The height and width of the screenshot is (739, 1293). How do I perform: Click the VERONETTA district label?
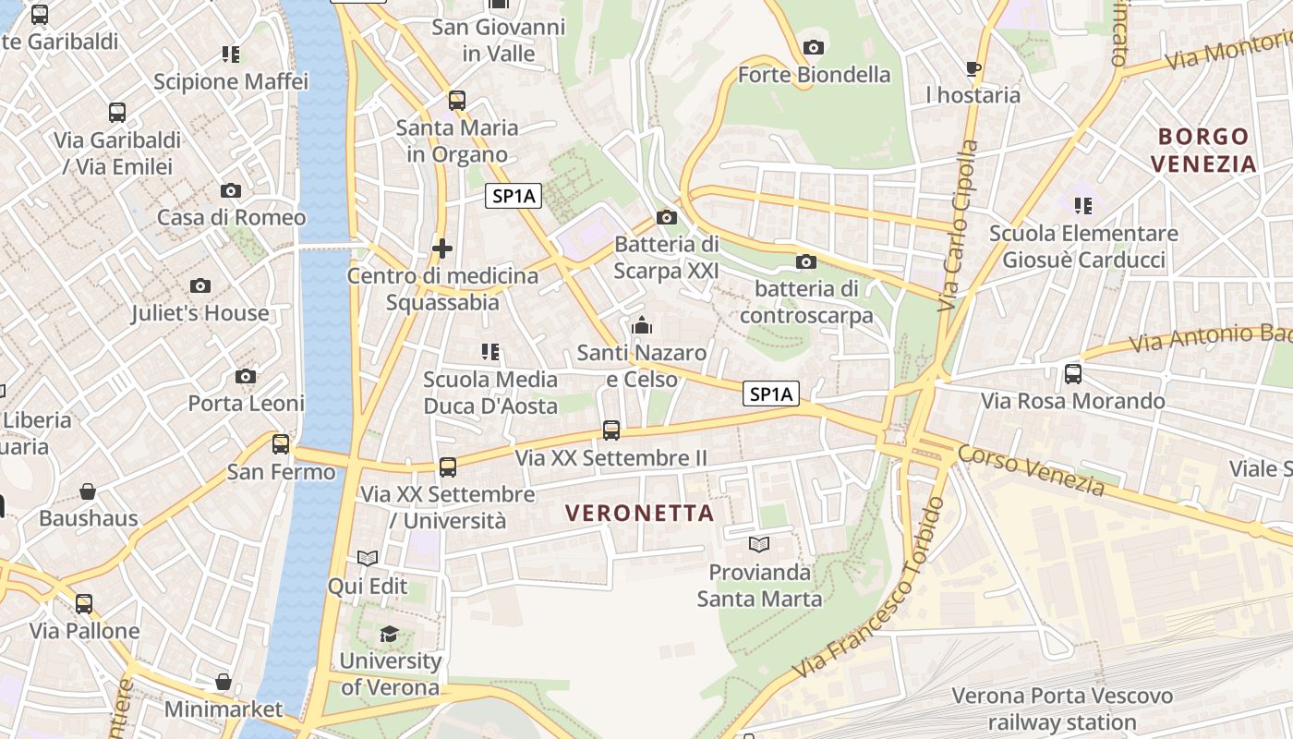point(639,513)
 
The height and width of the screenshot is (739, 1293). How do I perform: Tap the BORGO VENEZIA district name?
point(1207,150)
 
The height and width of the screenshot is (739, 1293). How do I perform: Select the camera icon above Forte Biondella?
point(814,47)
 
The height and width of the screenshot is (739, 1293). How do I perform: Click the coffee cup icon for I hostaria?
point(973,68)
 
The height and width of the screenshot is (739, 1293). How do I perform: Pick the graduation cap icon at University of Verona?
point(390,634)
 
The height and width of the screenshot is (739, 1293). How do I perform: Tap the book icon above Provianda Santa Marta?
point(759,545)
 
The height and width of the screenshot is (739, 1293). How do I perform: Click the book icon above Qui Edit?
point(368,559)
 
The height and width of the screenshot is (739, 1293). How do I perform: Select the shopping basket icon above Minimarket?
point(224,683)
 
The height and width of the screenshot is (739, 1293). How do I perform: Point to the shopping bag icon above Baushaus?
point(88,491)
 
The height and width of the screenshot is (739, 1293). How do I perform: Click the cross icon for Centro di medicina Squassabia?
point(442,248)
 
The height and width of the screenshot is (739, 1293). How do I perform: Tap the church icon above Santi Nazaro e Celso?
point(642,325)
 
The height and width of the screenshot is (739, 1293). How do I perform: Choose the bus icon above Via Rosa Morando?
point(1073,374)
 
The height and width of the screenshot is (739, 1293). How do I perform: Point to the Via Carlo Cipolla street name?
point(958,226)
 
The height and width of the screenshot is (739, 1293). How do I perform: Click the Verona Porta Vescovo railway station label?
point(1062,709)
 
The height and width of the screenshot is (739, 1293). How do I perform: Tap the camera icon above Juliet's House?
point(200,286)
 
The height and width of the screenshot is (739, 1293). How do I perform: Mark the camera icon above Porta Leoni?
point(246,376)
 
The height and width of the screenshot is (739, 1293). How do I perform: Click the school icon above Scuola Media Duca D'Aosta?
point(490,352)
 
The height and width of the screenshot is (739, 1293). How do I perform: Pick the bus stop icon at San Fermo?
point(281,444)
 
